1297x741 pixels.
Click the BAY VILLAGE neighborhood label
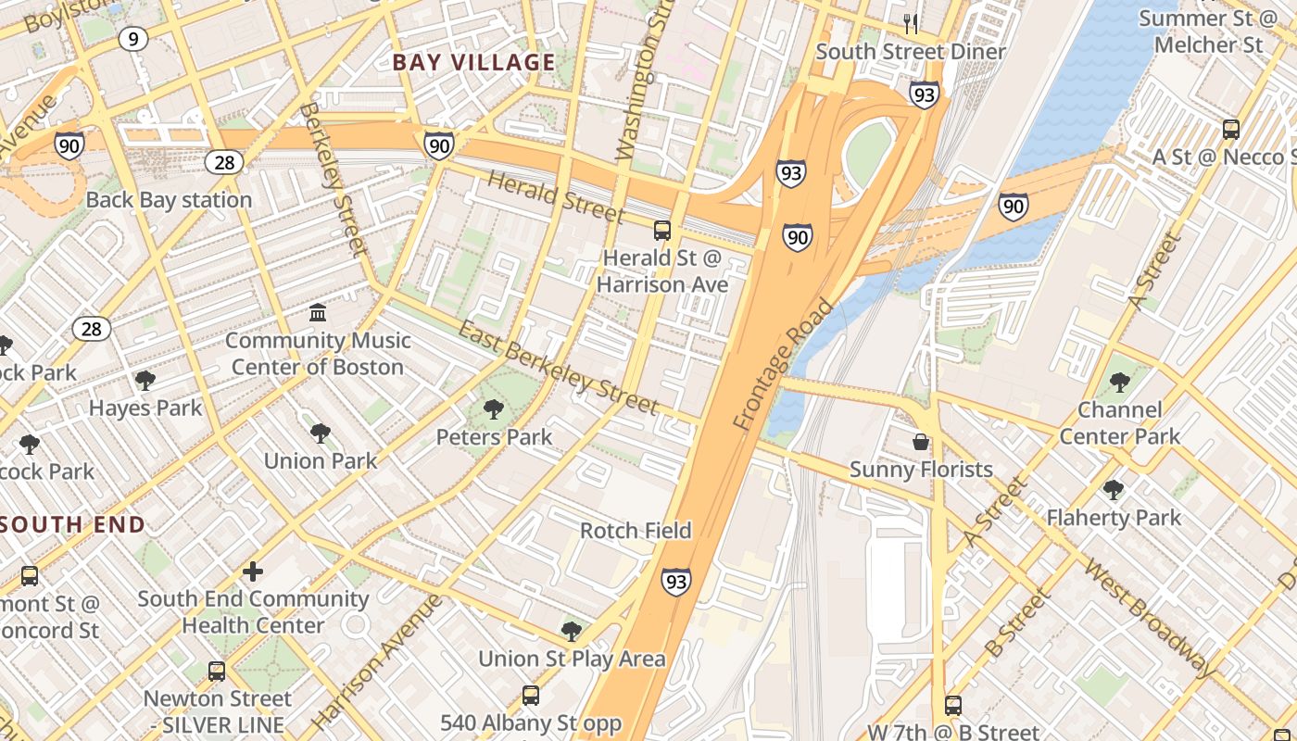click(x=473, y=63)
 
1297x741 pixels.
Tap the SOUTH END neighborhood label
click(x=73, y=525)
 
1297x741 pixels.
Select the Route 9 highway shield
click(x=134, y=39)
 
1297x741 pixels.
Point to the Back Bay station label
click(x=169, y=200)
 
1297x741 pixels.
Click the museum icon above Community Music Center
click(x=318, y=312)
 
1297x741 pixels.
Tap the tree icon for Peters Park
click(x=494, y=408)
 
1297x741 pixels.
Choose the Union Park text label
click(x=321, y=460)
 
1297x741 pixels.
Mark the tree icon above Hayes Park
click(x=145, y=380)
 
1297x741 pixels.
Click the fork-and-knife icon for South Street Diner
click(x=911, y=23)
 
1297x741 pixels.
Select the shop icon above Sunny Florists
click(x=921, y=442)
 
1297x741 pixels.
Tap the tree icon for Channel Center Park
click(x=1119, y=382)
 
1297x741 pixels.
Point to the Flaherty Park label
click(x=1114, y=518)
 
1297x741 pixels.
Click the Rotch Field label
click(x=636, y=531)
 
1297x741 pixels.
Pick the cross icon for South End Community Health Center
click(x=253, y=571)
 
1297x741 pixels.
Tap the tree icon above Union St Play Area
click(x=572, y=632)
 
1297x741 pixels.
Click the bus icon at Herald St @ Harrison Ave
click(x=661, y=231)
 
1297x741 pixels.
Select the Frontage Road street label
click(x=783, y=365)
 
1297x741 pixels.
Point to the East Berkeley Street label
click(x=559, y=369)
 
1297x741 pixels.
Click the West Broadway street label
click(x=1152, y=618)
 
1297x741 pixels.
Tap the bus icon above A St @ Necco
click(x=1231, y=130)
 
